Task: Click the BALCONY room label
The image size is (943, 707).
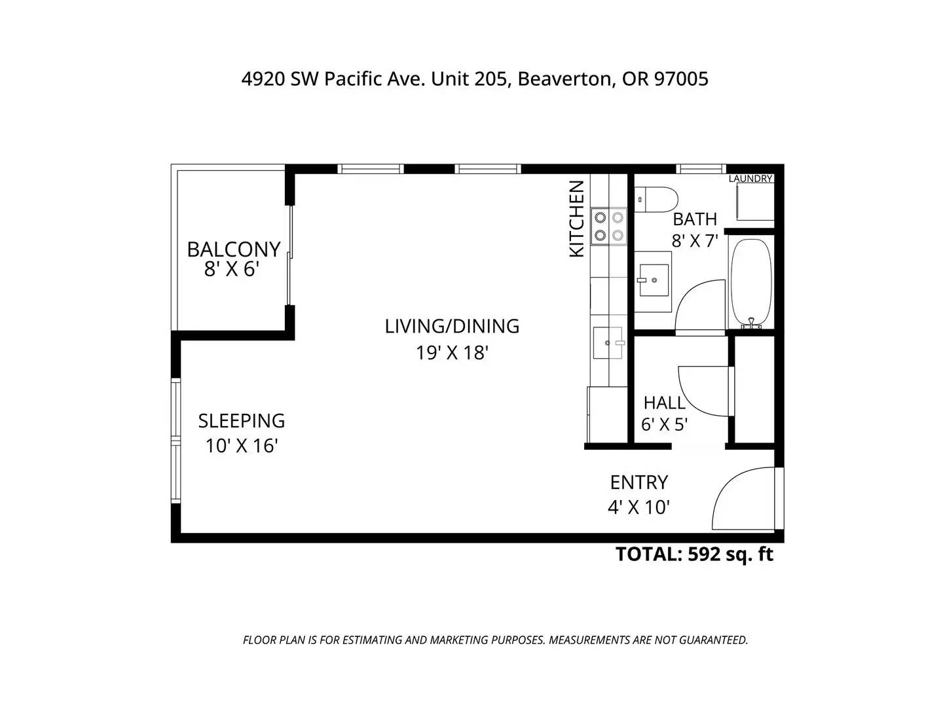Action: click(x=234, y=249)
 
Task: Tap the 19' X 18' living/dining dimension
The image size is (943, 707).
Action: click(x=452, y=353)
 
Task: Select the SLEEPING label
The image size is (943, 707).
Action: click(x=242, y=421)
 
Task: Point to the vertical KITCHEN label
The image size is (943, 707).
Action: click(x=576, y=219)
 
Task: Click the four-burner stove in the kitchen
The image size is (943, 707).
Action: click(x=609, y=227)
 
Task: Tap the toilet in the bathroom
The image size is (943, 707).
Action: click(x=656, y=200)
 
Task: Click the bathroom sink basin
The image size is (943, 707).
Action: click(x=654, y=280)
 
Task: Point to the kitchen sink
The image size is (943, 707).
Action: click(x=608, y=342)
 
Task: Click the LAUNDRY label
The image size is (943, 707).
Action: click(x=750, y=179)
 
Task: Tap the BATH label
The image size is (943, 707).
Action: click(x=695, y=219)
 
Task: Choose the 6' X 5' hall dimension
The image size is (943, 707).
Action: click(x=664, y=425)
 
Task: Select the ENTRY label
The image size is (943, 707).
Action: click(x=639, y=482)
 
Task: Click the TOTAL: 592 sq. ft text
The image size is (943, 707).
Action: click(x=694, y=554)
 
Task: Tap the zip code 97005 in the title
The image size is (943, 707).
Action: click(x=681, y=79)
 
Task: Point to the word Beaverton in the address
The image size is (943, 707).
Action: click(x=564, y=79)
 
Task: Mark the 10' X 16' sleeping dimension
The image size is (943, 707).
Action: click(x=242, y=446)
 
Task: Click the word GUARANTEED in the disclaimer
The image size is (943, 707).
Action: click(x=712, y=640)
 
